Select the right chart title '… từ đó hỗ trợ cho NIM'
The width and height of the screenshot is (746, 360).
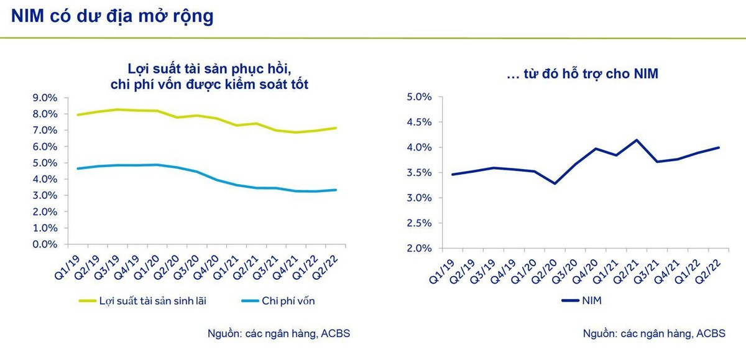(583, 74)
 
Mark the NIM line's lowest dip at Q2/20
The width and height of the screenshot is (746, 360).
(554, 183)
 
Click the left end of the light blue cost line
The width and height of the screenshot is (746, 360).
(78, 168)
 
